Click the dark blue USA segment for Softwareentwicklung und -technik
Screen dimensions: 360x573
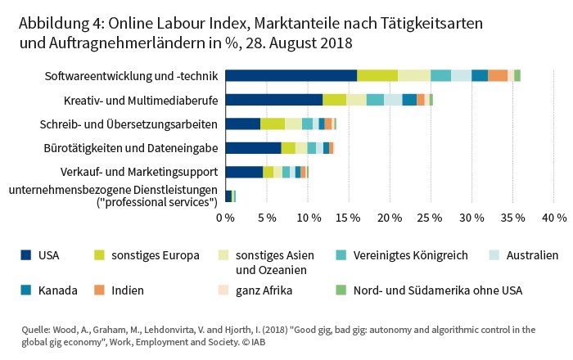click(x=291, y=75)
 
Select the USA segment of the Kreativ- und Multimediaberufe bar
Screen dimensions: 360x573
click(x=273, y=100)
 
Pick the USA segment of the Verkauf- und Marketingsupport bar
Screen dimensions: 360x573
click(x=244, y=172)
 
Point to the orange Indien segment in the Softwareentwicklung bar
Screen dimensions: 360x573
click(x=498, y=75)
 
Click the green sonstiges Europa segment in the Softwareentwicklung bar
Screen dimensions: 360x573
click(x=377, y=75)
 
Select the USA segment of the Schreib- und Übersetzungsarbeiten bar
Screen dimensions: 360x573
click(x=242, y=124)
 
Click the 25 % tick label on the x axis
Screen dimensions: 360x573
click(x=431, y=218)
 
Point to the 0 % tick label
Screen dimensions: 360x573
click(x=225, y=218)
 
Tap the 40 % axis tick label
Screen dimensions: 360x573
click(x=554, y=218)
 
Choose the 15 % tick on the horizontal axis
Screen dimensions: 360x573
click(x=349, y=218)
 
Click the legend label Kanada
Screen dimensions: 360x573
click(x=58, y=290)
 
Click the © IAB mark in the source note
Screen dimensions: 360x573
click(x=258, y=342)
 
